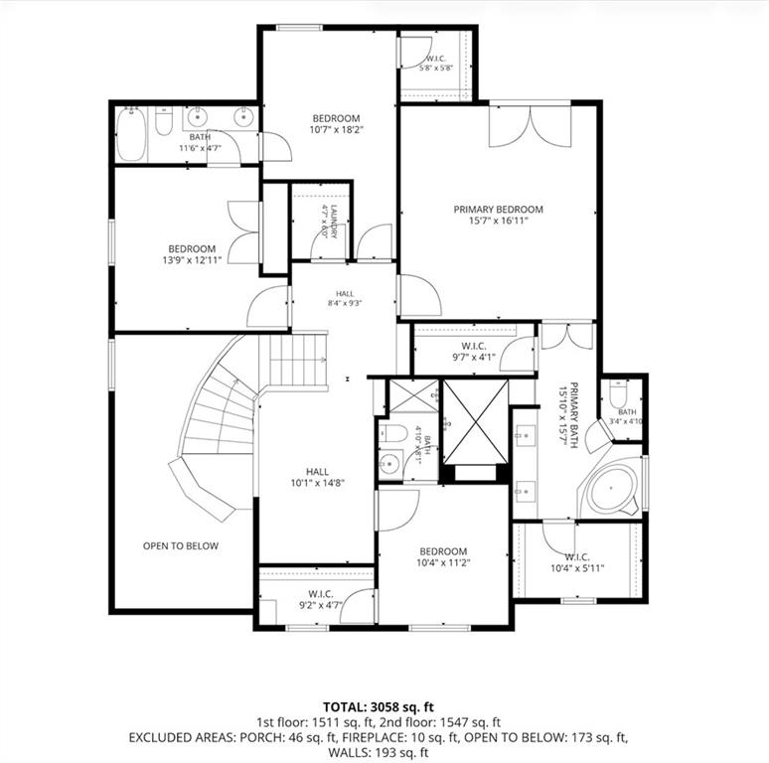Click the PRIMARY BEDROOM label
499,210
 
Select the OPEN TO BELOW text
181,545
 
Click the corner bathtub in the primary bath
612,490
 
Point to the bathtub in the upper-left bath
132,133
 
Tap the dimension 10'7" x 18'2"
337,130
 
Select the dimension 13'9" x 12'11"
193,260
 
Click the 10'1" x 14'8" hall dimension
318,483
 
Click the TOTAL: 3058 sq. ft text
379,706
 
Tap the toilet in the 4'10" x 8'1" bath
393,433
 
